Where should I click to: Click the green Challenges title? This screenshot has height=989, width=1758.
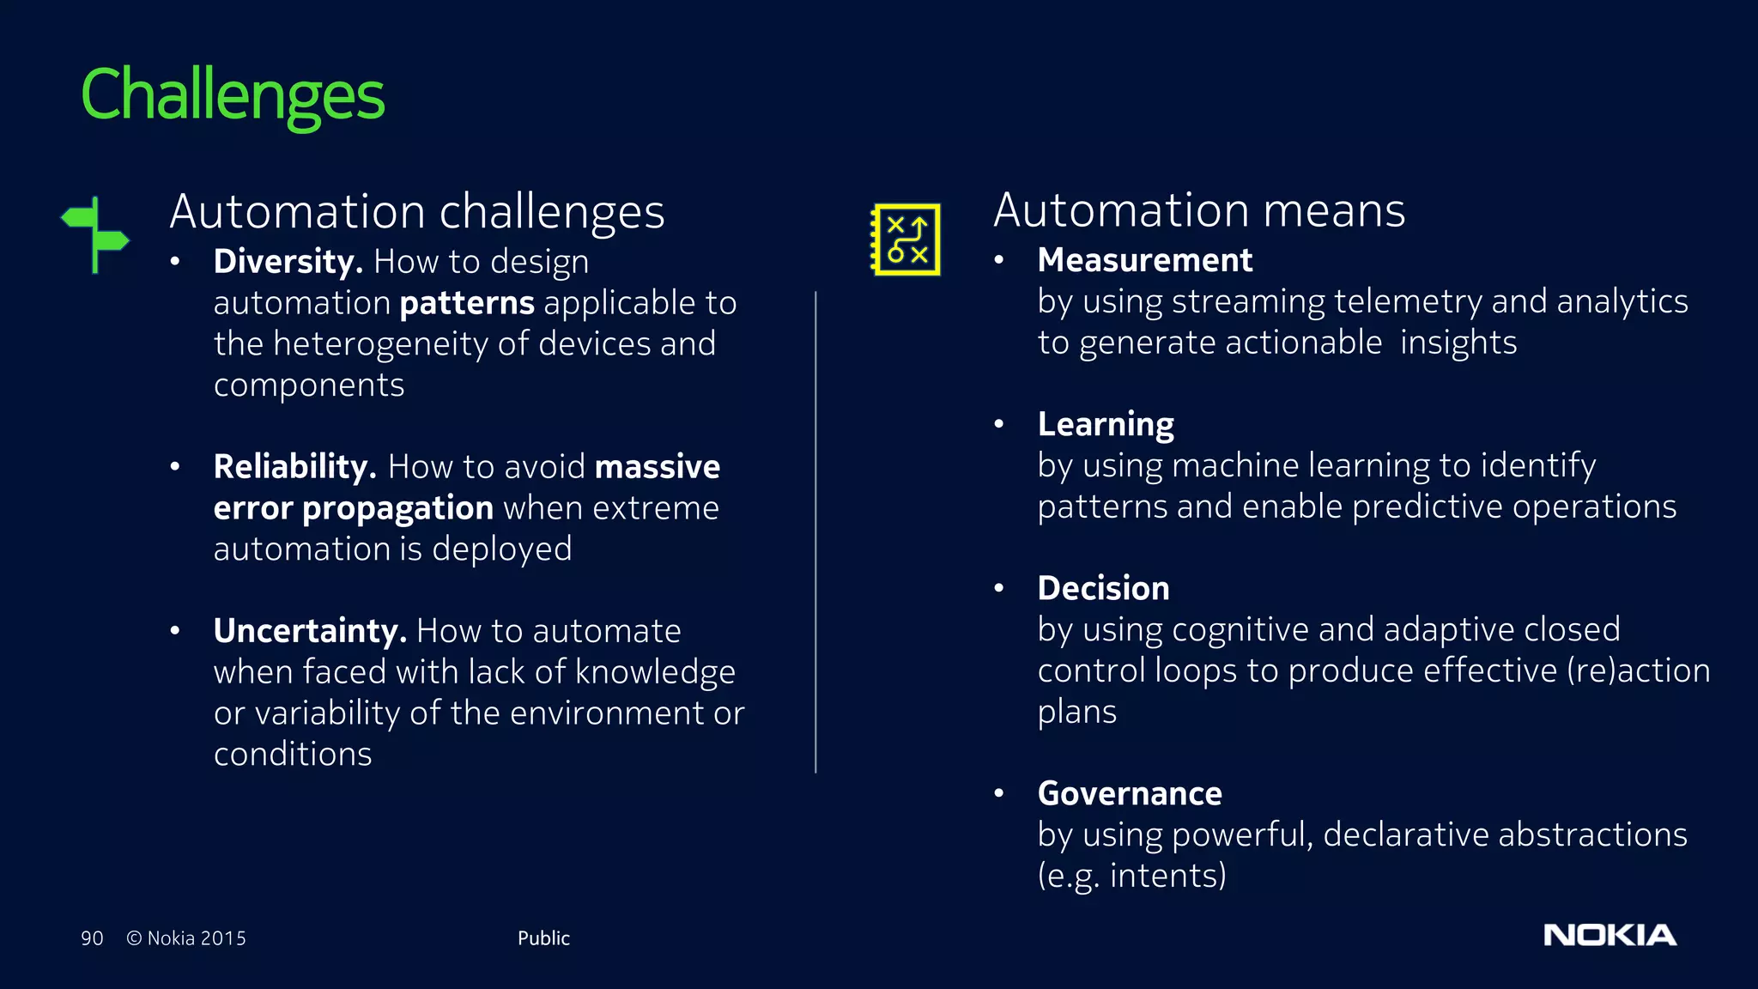[x=233, y=96]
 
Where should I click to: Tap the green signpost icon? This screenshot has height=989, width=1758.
[x=95, y=235]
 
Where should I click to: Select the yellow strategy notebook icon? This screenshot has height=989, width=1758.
[x=906, y=240]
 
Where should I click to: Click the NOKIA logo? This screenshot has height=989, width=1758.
[x=1609, y=935]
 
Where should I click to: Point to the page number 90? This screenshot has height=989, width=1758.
[x=92, y=938]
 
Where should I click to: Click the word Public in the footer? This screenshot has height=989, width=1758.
[x=543, y=938]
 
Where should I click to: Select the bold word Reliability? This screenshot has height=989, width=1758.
[x=294, y=467]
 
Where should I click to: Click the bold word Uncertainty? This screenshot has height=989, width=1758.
[x=310, y=631]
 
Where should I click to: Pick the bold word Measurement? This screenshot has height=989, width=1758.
[x=1144, y=260]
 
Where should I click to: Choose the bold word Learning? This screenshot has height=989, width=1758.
[x=1106, y=424]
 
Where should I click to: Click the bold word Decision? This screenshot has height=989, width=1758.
[x=1103, y=588]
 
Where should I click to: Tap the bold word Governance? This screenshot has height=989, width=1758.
[x=1130, y=793]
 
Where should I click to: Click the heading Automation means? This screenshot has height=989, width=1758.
[x=1199, y=210]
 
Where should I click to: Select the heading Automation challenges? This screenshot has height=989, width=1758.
[x=417, y=212]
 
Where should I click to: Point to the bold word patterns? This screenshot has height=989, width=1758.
[x=467, y=303]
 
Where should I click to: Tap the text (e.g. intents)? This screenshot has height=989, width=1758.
[x=1131, y=876]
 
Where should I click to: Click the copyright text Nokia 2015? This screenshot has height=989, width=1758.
[x=186, y=938]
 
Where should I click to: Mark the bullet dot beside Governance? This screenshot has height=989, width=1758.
[x=999, y=793]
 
